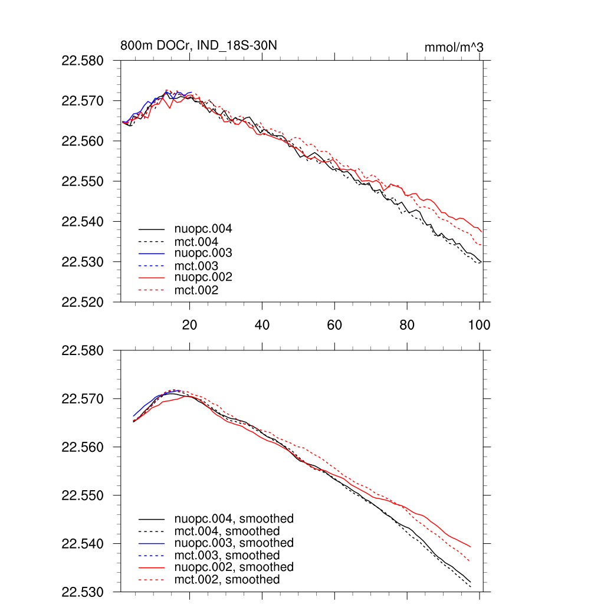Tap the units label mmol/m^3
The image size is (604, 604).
454,47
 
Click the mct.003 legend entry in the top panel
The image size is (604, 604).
196,265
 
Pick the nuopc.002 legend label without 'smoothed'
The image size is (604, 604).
202,277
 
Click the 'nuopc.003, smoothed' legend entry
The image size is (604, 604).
234,543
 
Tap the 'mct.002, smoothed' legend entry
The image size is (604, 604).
226,580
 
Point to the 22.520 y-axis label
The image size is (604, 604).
83,302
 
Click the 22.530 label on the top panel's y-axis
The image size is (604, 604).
83,262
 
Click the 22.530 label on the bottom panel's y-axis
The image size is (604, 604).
83,592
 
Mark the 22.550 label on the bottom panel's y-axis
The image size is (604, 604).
83,495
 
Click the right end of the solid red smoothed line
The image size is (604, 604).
470,547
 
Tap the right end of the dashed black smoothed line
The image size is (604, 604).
470,587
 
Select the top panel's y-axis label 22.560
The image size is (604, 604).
83,142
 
